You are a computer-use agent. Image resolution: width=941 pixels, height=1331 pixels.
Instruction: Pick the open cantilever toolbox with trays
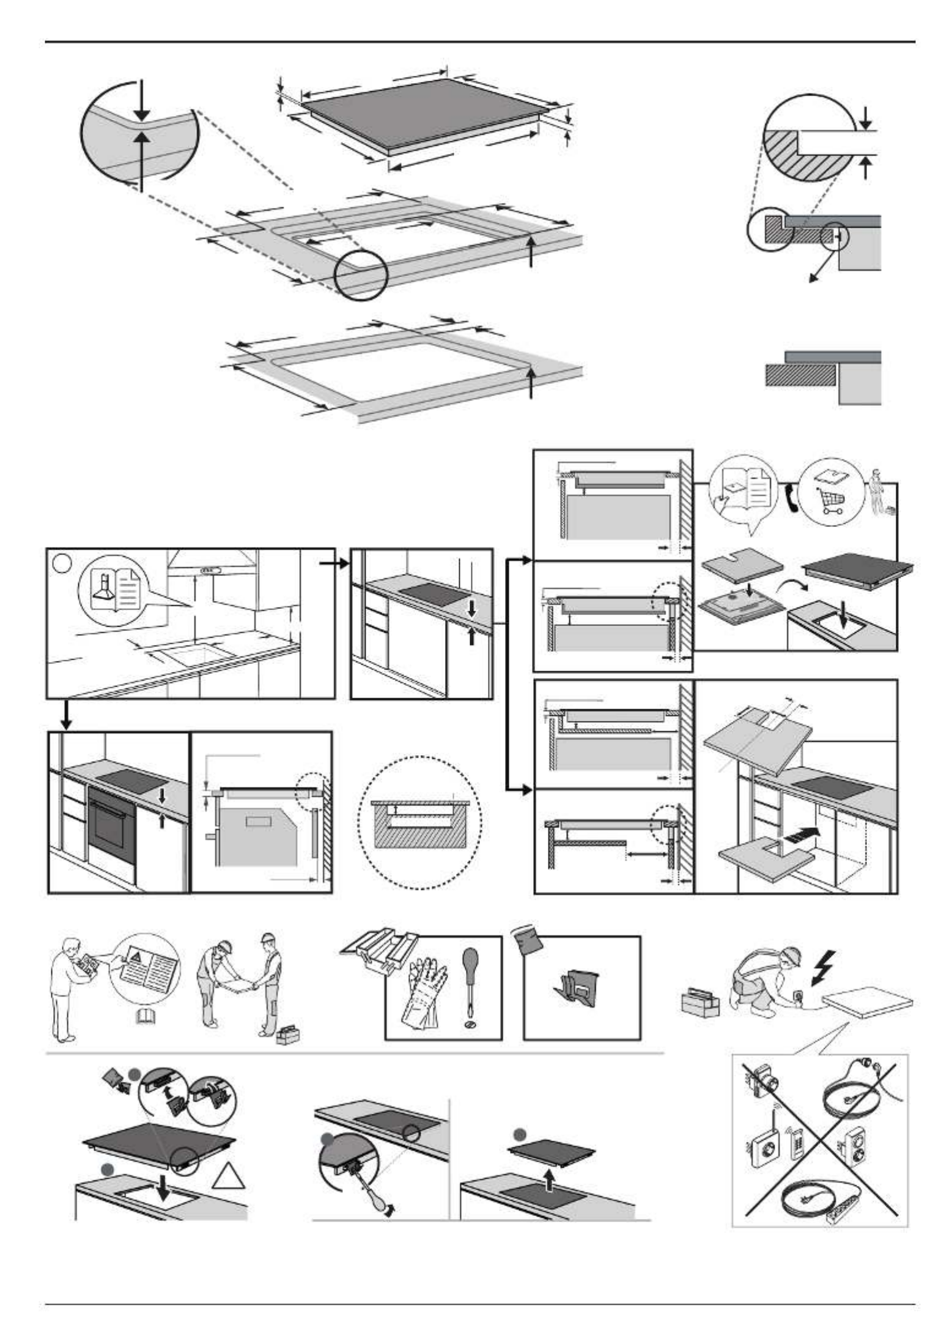[378, 950]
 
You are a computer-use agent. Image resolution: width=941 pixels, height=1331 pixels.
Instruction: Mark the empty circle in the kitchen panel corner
[62, 563]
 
